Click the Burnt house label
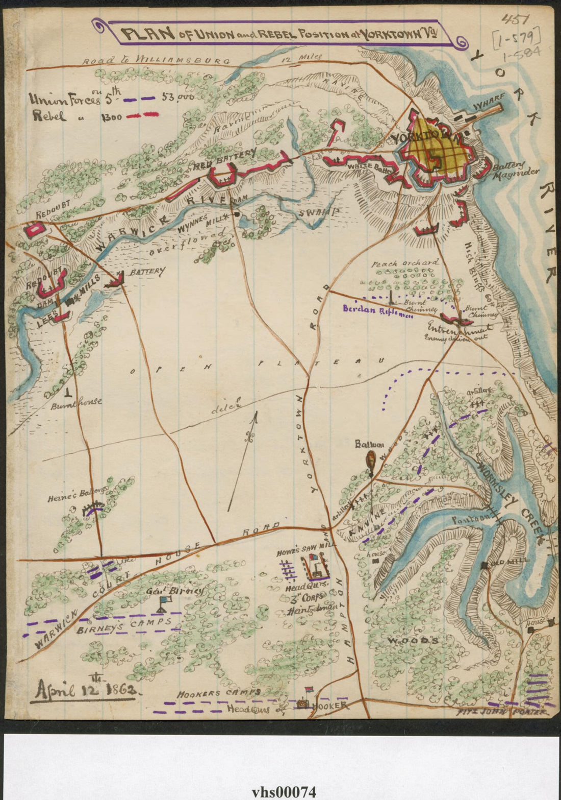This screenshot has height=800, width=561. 76,401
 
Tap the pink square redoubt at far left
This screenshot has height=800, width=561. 35,230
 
